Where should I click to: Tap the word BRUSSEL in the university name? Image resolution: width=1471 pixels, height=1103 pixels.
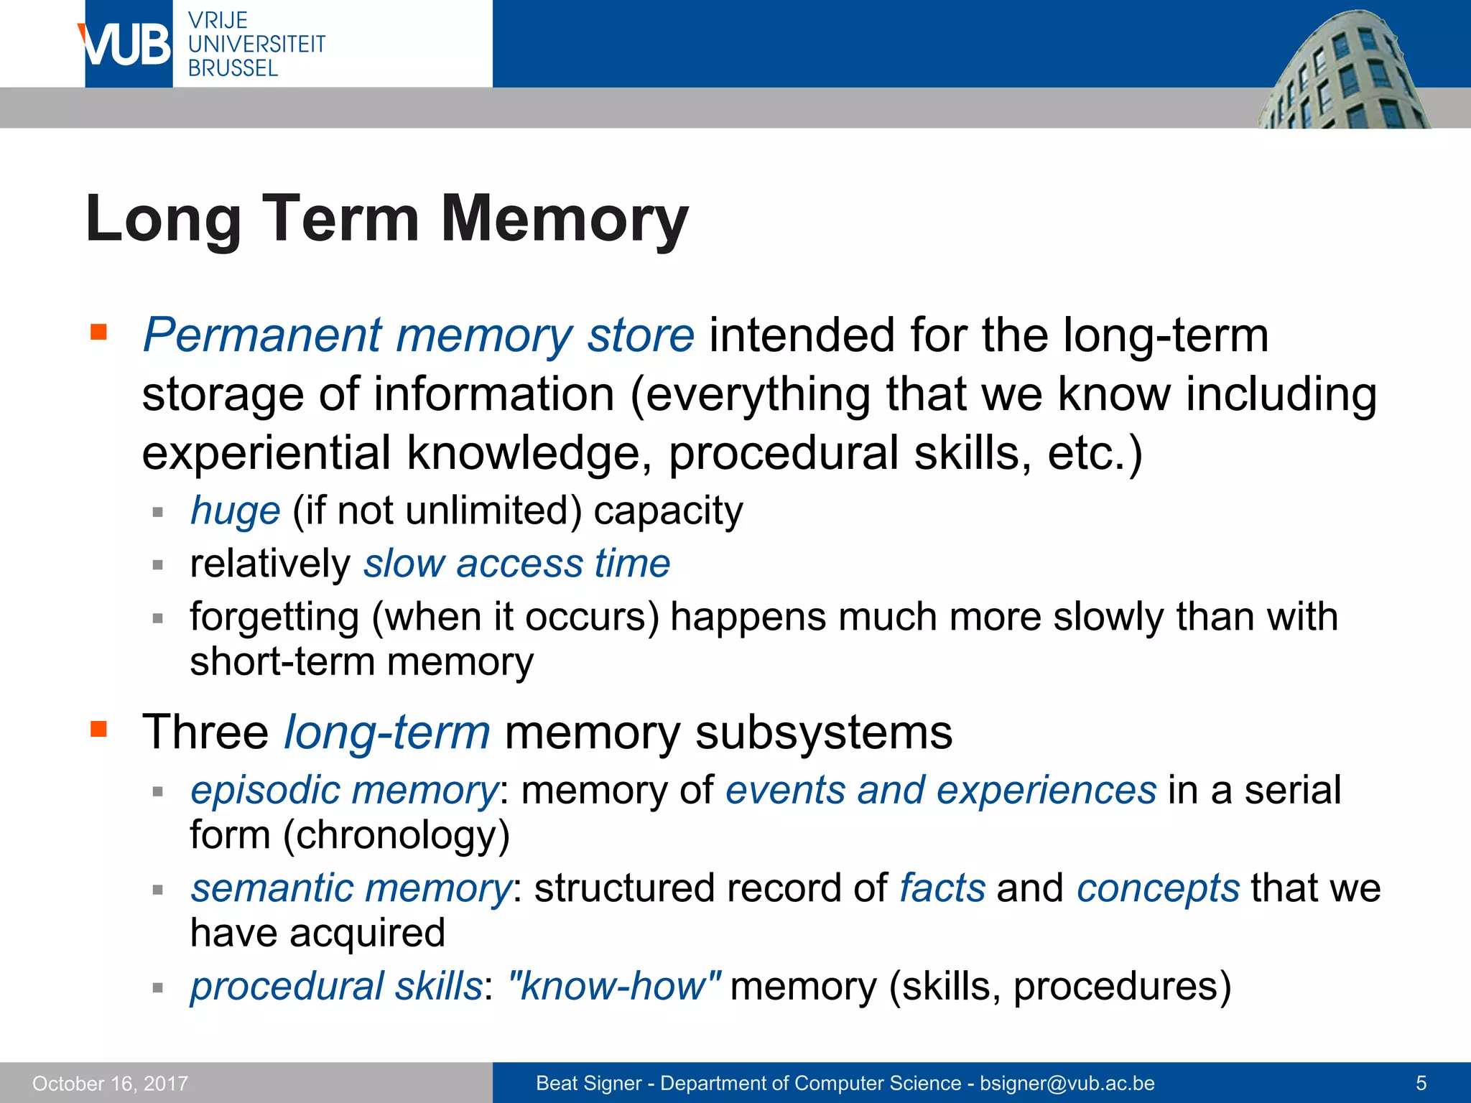pyautogui.click(x=233, y=68)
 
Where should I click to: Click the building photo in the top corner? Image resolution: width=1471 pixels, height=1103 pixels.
pyautogui.click(x=1343, y=72)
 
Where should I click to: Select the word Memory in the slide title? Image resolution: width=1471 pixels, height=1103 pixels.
pyautogui.click(x=565, y=218)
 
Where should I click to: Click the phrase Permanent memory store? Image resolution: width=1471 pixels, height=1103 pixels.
pyautogui.click(x=419, y=335)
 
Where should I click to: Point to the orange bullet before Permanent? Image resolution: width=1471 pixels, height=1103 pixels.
pyautogui.click(x=98, y=332)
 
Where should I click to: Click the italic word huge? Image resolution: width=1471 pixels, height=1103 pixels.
pyautogui.click(x=235, y=511)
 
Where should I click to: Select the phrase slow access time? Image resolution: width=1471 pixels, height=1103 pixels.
pyautogui.click(x=517, y=564)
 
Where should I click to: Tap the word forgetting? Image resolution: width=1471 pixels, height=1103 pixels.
pyautogui.click(x=274, y=617)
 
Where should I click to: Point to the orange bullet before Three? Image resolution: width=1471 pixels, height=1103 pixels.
pyautogui.click(x=98, y=730)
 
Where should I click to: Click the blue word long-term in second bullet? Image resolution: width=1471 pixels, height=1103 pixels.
pyautogui.click(x=387, y=732)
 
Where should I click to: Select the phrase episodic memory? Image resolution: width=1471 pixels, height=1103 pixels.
pyautogui.click(x=344, y=790)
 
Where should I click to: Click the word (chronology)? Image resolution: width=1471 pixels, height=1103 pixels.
pyautogui.click(x=396, y=835)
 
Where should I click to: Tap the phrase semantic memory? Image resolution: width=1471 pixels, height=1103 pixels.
pyautogui.click(x=351, y=888)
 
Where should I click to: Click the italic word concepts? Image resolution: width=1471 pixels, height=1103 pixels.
pyautogui.click(x=1158, y=888)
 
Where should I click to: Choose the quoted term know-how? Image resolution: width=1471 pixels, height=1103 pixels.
pyautogui.click(x=614, y=986)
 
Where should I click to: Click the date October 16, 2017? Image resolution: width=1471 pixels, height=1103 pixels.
pyautogui.click(x=110, y=1083)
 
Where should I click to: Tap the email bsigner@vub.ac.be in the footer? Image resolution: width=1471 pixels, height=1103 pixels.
pyautogui.click(x=1067, y=1083)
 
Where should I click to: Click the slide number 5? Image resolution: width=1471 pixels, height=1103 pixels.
pyautogui.click(x=1421, y=1083)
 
